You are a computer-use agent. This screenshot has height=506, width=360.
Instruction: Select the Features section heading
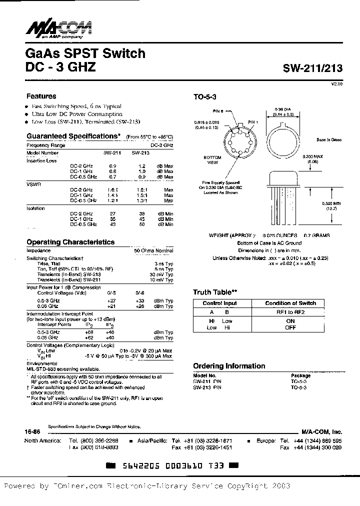[41, 96]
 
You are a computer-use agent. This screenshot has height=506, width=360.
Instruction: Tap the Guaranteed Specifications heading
[73, 136]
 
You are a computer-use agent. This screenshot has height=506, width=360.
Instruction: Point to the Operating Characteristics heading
[70, 242]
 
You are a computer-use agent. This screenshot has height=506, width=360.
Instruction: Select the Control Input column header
[220, 303]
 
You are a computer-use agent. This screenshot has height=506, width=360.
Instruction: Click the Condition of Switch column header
[290, 303]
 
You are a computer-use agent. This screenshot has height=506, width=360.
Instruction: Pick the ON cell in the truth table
[290, 321]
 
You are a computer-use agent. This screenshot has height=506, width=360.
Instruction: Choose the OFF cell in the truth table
[290, 327]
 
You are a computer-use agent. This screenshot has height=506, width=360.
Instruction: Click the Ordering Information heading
[229, 366]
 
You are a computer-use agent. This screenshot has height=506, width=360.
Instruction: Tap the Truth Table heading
[215, 292]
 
